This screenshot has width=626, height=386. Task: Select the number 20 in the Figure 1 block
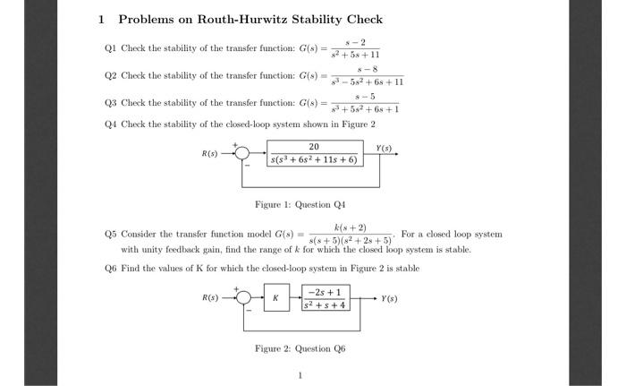tap(314, 146)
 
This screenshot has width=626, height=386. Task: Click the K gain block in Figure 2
tap(277, 297)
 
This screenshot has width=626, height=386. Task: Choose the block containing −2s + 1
tap(326, 297)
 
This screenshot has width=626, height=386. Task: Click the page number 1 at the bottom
tap(300, 374)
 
